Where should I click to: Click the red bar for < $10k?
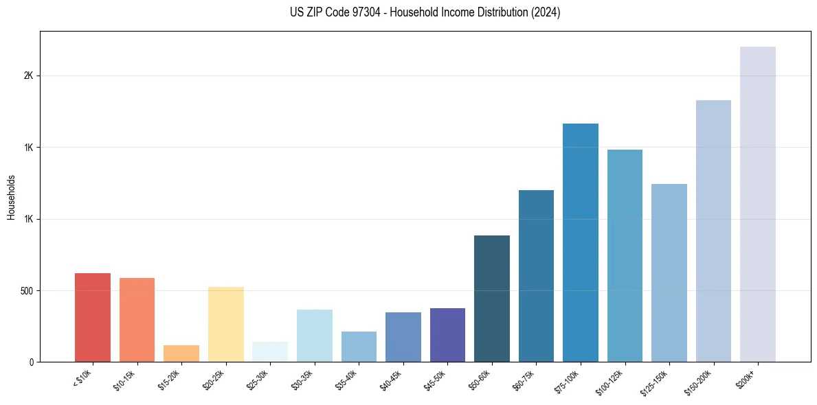(93, 317)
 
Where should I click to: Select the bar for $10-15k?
(137, 320)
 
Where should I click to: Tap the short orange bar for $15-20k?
(181, 354)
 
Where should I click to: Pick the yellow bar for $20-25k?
(226, 324)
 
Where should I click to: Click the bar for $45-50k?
(447, 335)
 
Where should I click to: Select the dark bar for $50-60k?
(492, 299)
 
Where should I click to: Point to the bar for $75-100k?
(581, 242)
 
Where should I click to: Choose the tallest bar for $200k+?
(758, 204)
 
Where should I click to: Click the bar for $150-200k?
(713, 231)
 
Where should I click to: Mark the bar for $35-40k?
(359, 347)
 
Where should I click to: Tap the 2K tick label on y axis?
(28, 76)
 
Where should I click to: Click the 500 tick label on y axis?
(25, 290)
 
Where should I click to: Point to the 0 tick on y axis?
(31, 362)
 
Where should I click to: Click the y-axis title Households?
(11, 197)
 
